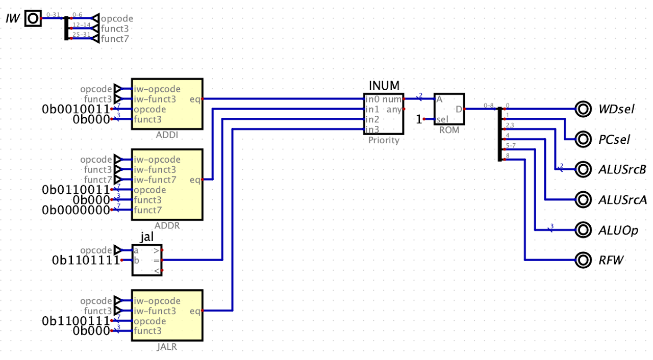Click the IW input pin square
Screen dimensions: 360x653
[33, 18]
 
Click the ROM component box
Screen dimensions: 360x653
[449, 109]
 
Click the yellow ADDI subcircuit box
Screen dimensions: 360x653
[167, 104]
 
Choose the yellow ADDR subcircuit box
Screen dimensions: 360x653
[167, 185]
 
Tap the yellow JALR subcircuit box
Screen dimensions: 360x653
[167, 316]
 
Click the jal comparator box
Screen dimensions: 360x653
[147, 260]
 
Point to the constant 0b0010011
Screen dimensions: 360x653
[76, 109]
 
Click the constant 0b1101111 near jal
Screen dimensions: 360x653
[86, 260]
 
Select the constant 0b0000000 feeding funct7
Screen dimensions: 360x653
[76, 210]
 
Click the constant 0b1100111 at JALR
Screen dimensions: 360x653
[76, 321]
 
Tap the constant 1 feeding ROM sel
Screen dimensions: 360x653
[419, 119]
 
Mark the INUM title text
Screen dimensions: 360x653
[384, 85]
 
